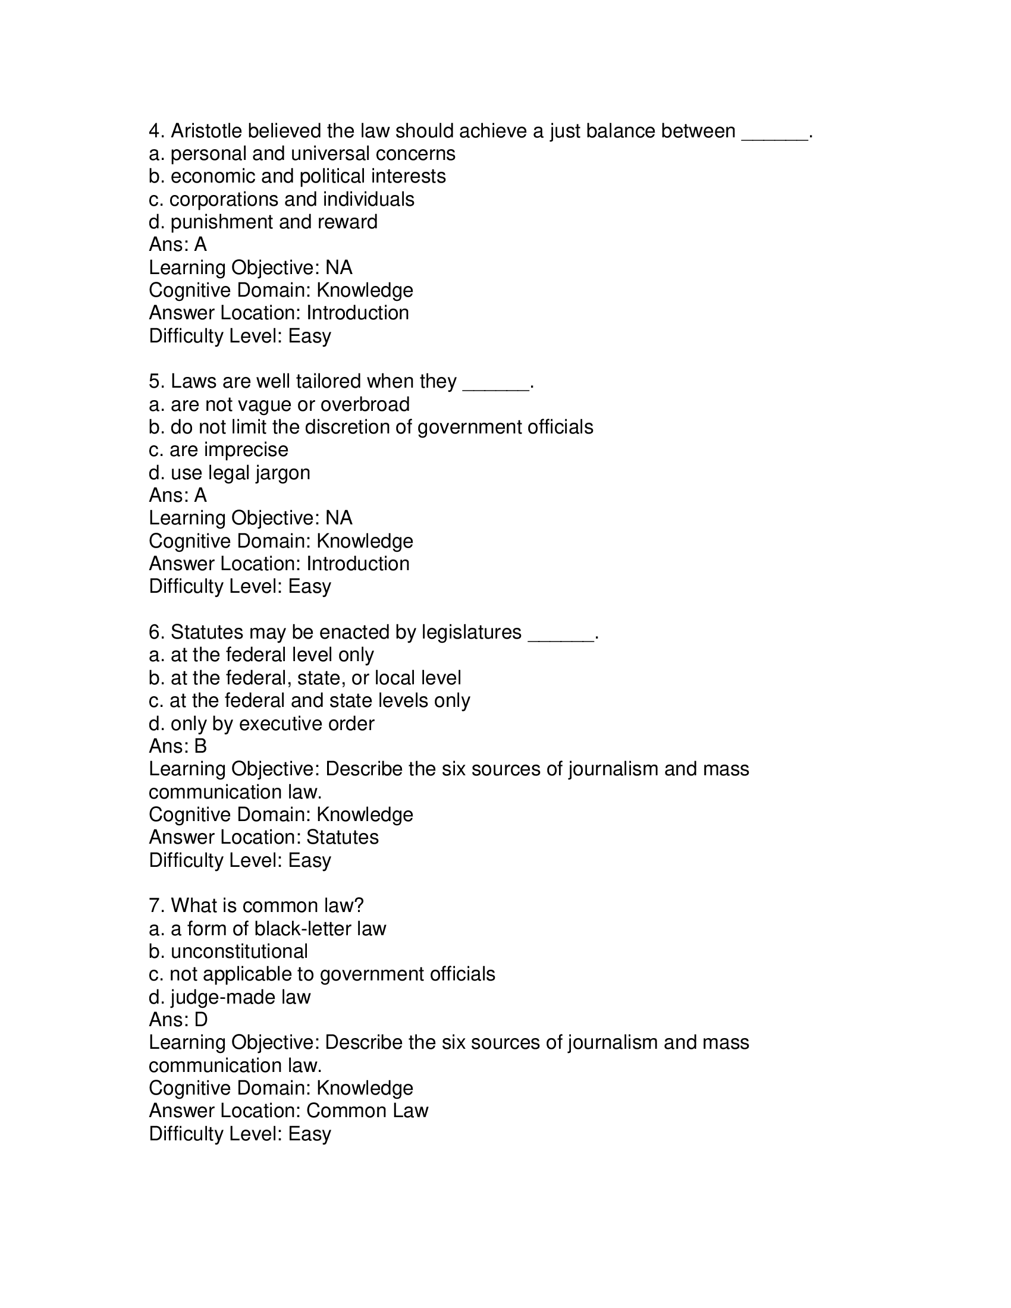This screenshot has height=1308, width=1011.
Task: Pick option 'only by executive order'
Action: pos(262,724)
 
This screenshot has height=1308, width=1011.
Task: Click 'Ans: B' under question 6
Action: pos(178,746)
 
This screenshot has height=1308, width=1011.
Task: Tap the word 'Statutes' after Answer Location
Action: pos(343,837)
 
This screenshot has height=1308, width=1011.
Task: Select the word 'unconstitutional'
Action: pos(239,951)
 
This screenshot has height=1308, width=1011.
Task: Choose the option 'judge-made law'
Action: pos(230,996)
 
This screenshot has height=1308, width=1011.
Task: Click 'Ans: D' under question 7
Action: pos(178,1019)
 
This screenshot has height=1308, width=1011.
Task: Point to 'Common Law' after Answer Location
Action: pos(367,1111)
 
